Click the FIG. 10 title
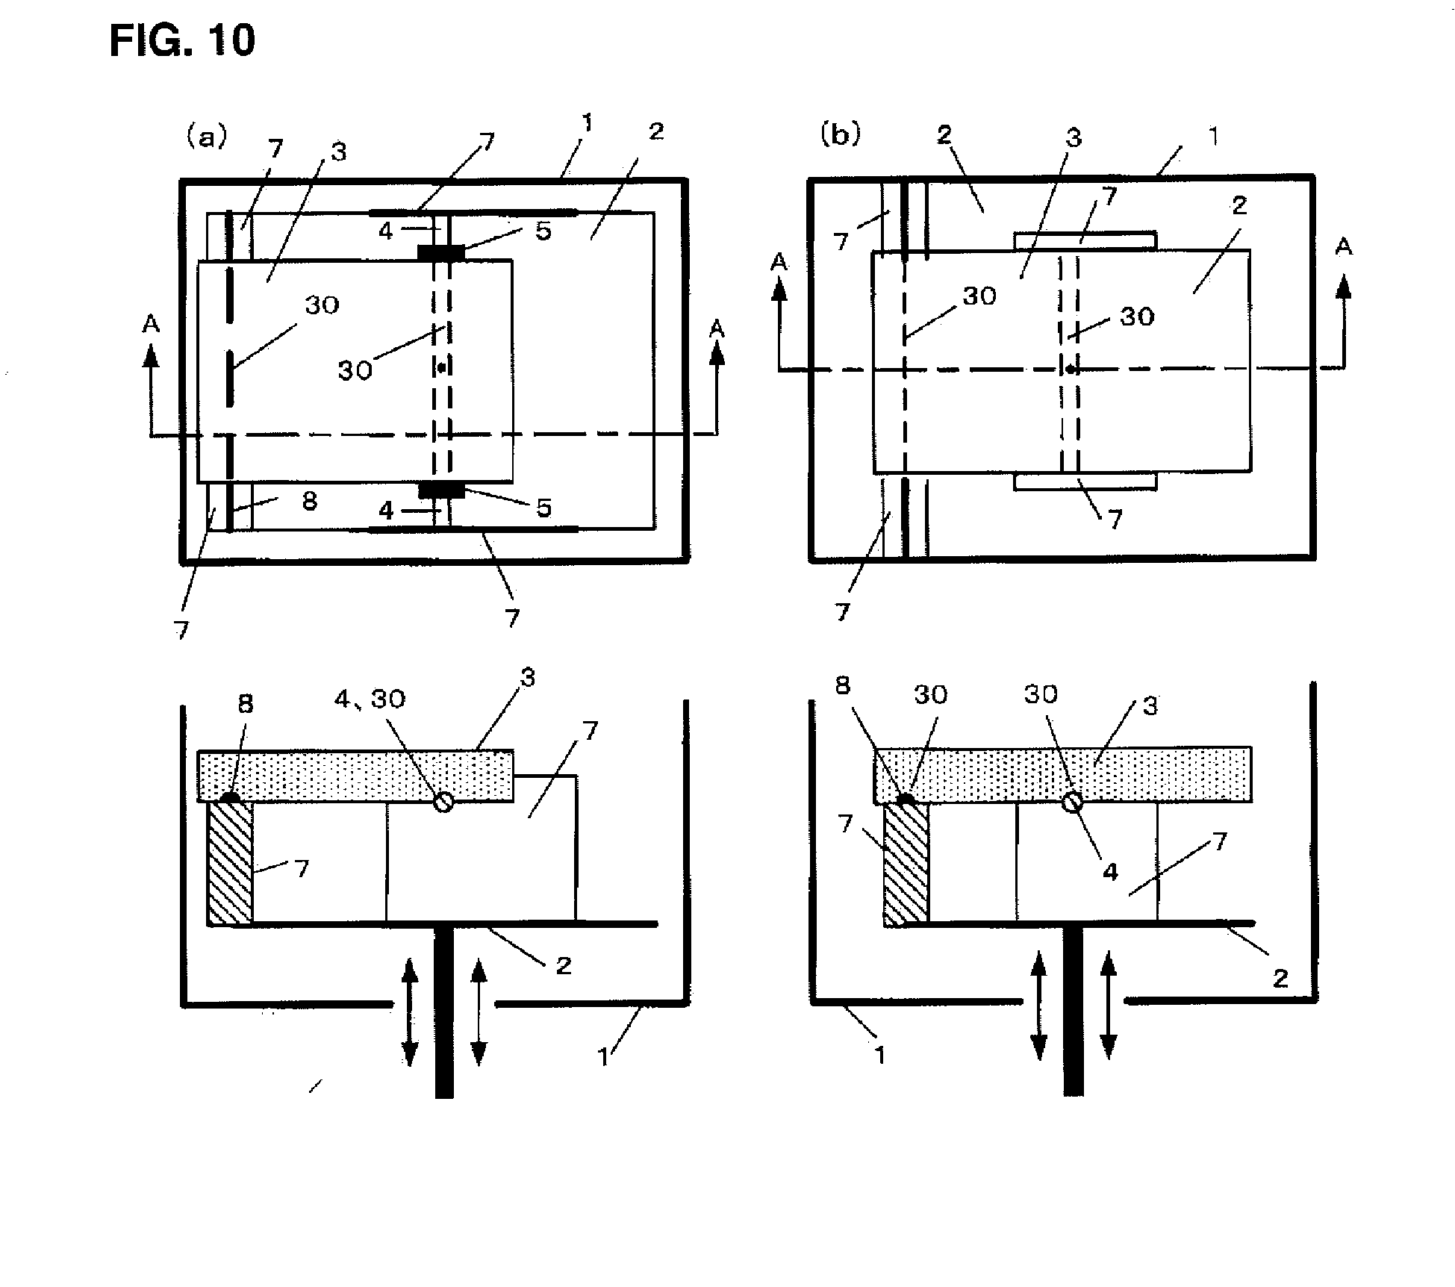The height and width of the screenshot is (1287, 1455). tap(182, 40)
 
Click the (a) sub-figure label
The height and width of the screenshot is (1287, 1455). tap(206, 137)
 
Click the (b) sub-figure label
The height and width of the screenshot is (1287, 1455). tap(841, 134)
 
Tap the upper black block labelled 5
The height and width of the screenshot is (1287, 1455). tap(441, 253)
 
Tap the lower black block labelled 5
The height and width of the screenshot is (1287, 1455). tap(441, 490)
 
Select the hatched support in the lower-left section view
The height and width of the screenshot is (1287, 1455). tap(230, 863)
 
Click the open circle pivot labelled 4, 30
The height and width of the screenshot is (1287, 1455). tap(443, 802)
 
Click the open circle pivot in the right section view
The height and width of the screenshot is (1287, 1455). tap(1073, 801)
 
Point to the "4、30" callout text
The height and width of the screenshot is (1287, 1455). tap(370, 699)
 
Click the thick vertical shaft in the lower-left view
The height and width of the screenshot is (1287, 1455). tap(444, 1012)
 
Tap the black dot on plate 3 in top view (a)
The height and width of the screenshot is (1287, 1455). tap(441, 367)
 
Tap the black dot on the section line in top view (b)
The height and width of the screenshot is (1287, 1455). tap(1071, 369)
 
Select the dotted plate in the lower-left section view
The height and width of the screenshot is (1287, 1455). tap(355, 776)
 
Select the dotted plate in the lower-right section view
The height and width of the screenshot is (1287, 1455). tap(1063, 774)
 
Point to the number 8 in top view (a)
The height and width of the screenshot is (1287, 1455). tap(309, 500)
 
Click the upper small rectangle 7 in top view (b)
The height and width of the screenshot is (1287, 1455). tap(1085, 241)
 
